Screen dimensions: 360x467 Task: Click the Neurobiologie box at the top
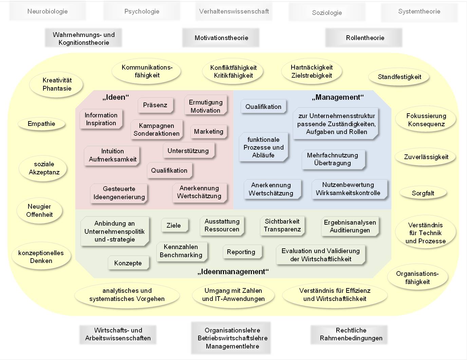(x=48, y=12)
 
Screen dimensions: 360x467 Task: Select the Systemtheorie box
(x=419, y=12)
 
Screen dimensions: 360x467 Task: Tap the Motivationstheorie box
(x=221, y=38)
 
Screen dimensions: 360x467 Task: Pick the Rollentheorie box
(x=365, y=38)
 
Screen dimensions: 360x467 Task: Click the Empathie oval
(x=41, y=124)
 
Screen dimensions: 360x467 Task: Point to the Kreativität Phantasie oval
(x=57, y=84)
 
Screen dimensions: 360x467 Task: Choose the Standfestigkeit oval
(x=399, y=77)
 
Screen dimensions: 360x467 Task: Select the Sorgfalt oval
(x=423, y=193)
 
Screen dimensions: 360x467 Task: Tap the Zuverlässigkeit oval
(x=426, y=157)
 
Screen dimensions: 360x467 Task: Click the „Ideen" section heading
(x=116, y=97)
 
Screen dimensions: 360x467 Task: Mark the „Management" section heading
(x=338, y=97)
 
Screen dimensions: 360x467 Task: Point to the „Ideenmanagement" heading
(x=233, y=272)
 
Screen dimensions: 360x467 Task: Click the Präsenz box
(x=155, y=105)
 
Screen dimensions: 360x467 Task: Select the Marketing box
(x=208, y=132)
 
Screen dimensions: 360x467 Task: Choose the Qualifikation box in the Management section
(x=263, y=107)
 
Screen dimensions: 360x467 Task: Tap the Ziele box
(x=173, y=226)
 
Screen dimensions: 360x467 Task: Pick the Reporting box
(x=241, y=252)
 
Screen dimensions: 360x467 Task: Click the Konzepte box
(x=128, y=263)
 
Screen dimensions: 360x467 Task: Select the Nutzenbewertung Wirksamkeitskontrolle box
(x=348, y=189)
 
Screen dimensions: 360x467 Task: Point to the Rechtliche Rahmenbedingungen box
(x=351, y=334)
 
